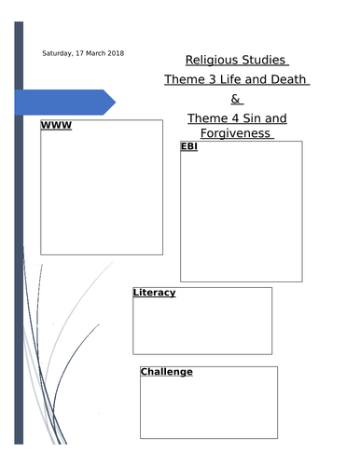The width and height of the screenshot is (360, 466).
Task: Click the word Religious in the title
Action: [210, 61]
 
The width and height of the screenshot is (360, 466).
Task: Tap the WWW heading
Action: [56, 126]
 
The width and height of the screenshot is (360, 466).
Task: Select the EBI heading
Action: [190, 147]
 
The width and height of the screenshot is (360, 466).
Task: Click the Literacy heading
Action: [155, 293]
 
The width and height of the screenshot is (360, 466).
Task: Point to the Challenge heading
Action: [167, 372]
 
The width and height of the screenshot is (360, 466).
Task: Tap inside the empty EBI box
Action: [241, 214]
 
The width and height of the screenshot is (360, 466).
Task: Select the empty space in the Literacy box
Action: [202, 326]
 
